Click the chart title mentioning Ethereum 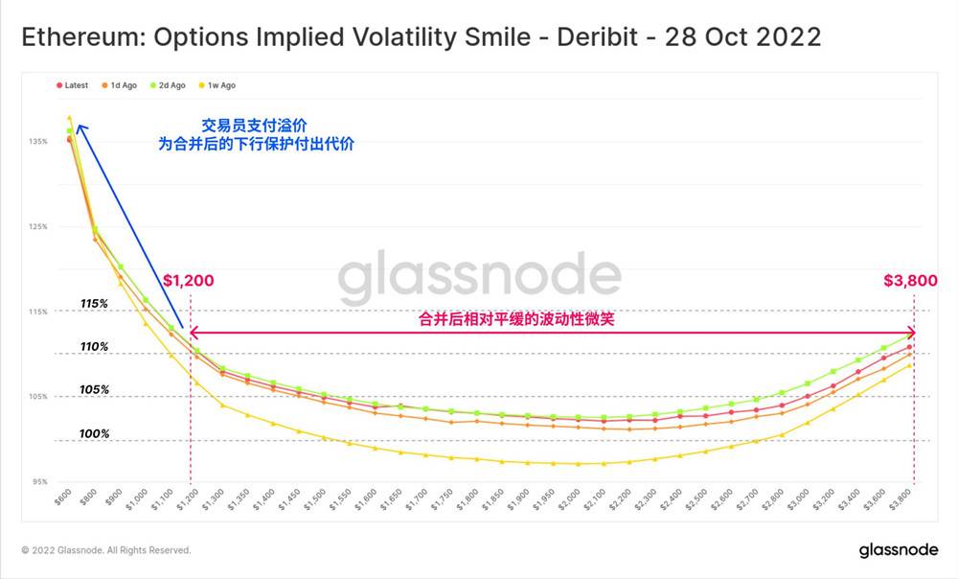click(421, 37)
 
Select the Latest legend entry click(73, 85)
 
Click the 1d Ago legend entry click(119, 85)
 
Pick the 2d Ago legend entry click(169, 85)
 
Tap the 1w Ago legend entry click(217, 85)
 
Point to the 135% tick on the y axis click(38, 142)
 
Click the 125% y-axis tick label click(38, 227)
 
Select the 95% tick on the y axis click(38, 481)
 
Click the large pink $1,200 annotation click(188, 281)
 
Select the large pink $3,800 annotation click(910, 281)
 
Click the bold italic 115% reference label click(94, 304)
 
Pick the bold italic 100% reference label click(94, 434)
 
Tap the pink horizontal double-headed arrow click(551, 334)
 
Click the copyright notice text click(106, 550)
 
